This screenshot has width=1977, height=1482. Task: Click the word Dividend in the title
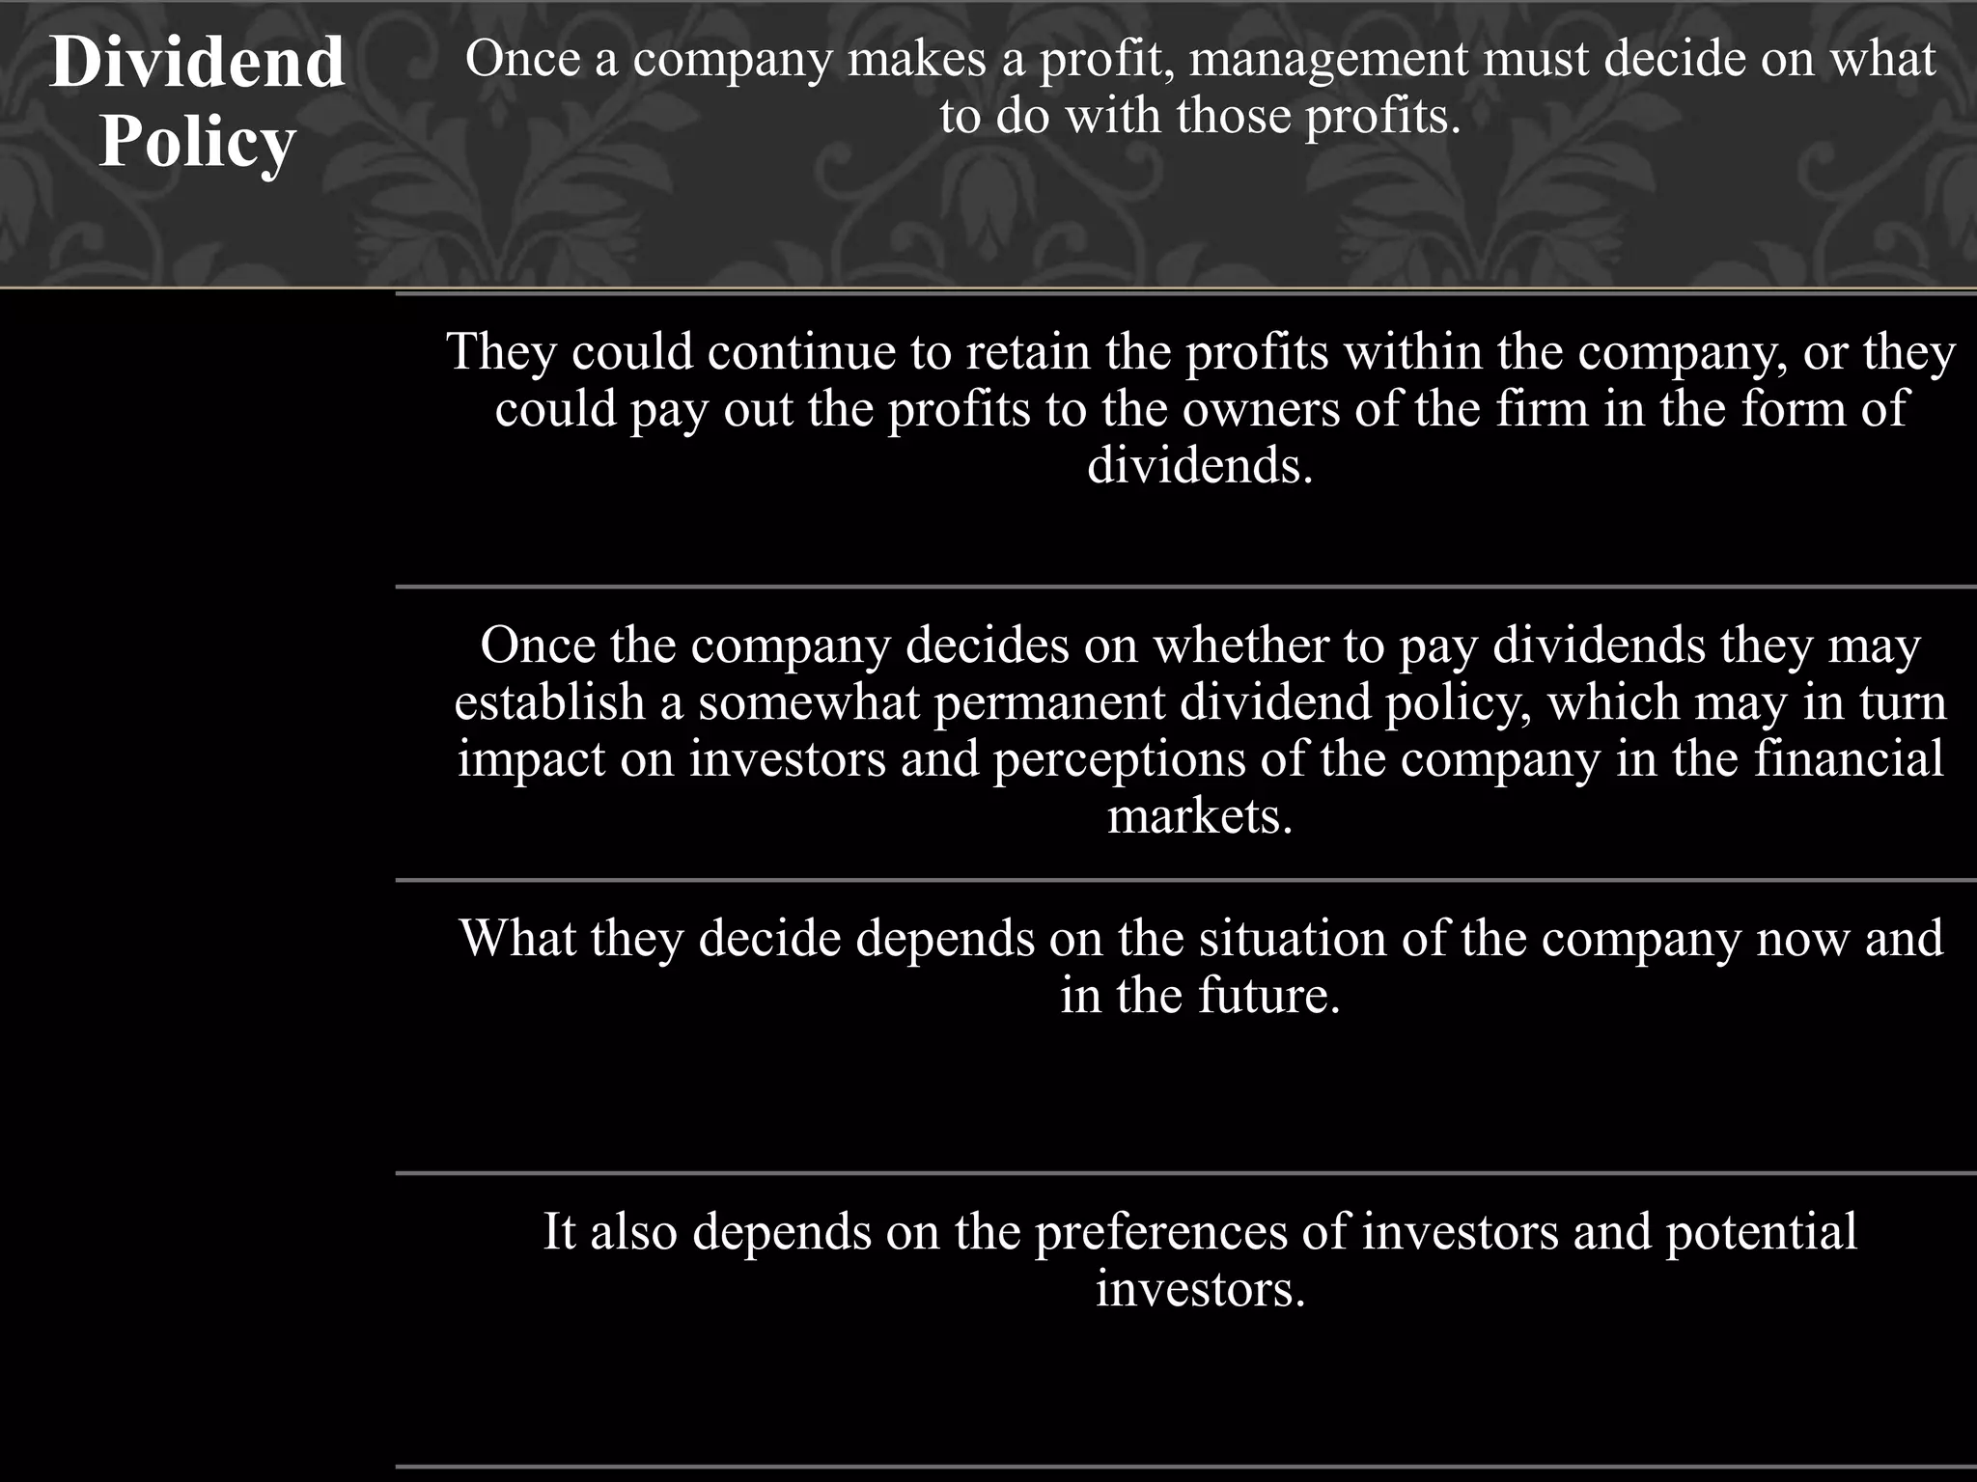[x=197, y=63]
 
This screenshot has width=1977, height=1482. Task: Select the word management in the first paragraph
[x=1328, y=60]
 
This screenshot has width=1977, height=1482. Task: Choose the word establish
[x=549, y=701]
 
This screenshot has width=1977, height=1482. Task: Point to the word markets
[x=1200, y=816]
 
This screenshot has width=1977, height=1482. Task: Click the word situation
[x=1293, y=938]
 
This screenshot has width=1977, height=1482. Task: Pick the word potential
[x=1761, y=1231]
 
